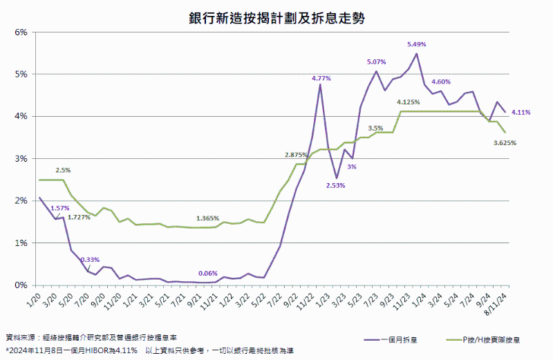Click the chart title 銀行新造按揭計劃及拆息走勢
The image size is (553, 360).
[276, 17]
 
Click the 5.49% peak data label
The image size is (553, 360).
[416, 44]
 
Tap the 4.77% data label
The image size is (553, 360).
[321, 78]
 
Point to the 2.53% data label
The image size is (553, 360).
[336, 185]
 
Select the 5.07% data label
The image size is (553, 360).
[377, 62]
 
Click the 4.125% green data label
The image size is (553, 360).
[409, 102]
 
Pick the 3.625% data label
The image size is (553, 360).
[505, 142]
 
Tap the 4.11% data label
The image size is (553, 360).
[521, 112]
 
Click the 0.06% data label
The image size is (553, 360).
[208, 273]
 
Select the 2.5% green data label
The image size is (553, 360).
[63, 169]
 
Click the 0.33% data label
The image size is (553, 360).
[88, 260]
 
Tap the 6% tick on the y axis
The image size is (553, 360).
[21, 32]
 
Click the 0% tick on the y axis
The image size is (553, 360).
[21, 285]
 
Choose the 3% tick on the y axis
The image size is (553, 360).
[21, 158]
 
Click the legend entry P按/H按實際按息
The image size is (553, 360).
[492, 339]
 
